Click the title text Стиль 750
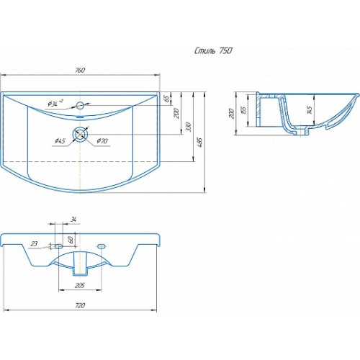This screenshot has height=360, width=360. click(x=213, y=50)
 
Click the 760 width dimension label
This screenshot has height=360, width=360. click(x=80, y=70)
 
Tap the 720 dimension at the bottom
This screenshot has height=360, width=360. click(x=80, y=305)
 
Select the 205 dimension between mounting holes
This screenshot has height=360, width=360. click(x=80, y=285)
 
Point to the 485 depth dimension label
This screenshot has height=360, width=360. click(x=200, y=142)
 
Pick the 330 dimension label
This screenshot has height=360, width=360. click(x=188, y=127)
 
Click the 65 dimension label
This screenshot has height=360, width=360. click(x=166, y=99)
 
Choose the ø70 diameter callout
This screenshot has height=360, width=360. click(x=102, y=141)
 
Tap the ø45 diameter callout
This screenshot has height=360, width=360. click(x=60, y=140)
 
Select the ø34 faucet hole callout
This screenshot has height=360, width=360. click(x=55, y=103)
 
